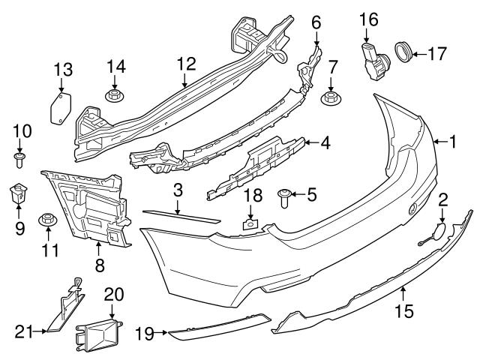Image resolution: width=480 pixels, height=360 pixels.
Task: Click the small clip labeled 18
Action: [250, 220]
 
